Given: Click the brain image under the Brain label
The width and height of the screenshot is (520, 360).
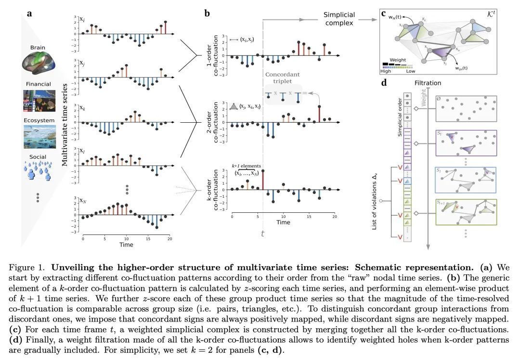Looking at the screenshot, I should pyautogui.click(x=39, y=65).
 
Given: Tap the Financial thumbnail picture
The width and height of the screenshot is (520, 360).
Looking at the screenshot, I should pyautogui.click(x=39, y=100).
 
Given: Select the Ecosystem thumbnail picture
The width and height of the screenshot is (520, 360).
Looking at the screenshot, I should pyautogui.click(x=39, y=137).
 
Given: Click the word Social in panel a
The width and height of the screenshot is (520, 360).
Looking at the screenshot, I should pyautogui.click(x=38, y=157).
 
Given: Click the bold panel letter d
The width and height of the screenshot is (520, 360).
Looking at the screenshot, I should pyautogui.click(x=384, y=82).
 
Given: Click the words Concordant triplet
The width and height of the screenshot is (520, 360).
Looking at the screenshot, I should pyautogui.click(x=282, y=78).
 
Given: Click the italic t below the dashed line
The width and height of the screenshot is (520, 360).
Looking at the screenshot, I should pyautogui.click(x=263, y=233).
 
